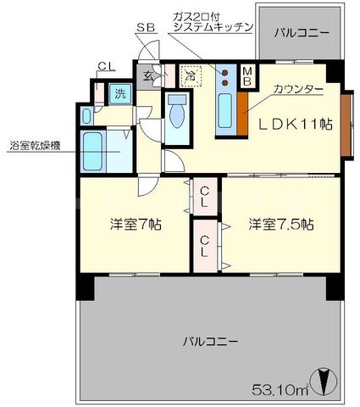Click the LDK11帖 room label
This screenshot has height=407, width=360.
point(295,124)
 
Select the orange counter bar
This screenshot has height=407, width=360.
point(242,116)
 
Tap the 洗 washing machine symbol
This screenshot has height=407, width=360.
point(120,94)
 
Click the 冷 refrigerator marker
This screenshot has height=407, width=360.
point(191,75)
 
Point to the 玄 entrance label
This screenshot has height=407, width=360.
point(147,75)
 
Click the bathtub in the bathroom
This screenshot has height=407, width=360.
point(92,150)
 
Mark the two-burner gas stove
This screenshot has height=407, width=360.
point(226,76)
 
